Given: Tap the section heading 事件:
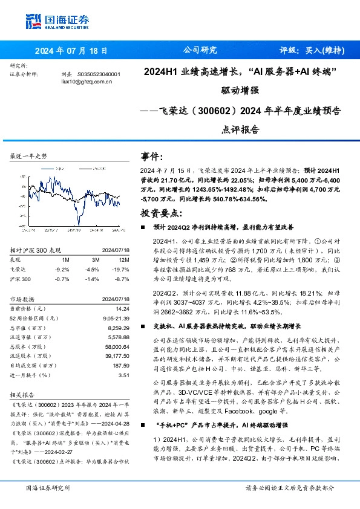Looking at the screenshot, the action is pos(152,156).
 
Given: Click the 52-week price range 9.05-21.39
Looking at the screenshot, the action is pos(115,317).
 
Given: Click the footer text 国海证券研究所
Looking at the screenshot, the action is pos(48,487).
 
